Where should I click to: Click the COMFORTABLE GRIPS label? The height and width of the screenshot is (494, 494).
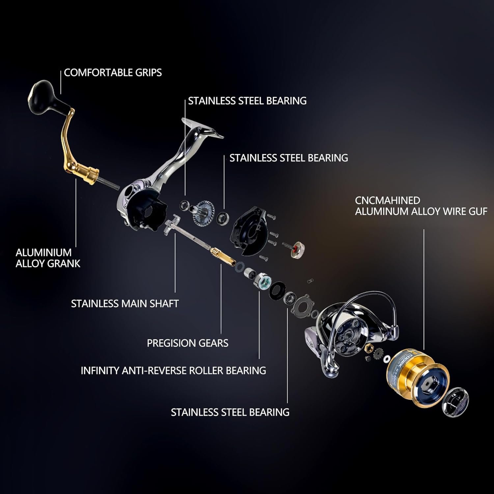(x=113, y=73)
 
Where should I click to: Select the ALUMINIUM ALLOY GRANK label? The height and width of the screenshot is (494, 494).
(x=48, y=258)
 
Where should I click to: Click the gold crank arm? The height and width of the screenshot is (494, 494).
(x=68, y=142)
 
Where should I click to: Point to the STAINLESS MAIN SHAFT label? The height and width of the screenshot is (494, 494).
(x=125, y=304)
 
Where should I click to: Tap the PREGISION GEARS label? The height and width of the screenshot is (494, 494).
(x=187, y=343)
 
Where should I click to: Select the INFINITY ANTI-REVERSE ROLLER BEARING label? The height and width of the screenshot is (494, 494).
(x=173, y=370)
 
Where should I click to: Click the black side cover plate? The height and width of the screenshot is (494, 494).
(x=249, y=231)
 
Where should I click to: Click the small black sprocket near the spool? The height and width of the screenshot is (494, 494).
(x=378, y=354)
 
